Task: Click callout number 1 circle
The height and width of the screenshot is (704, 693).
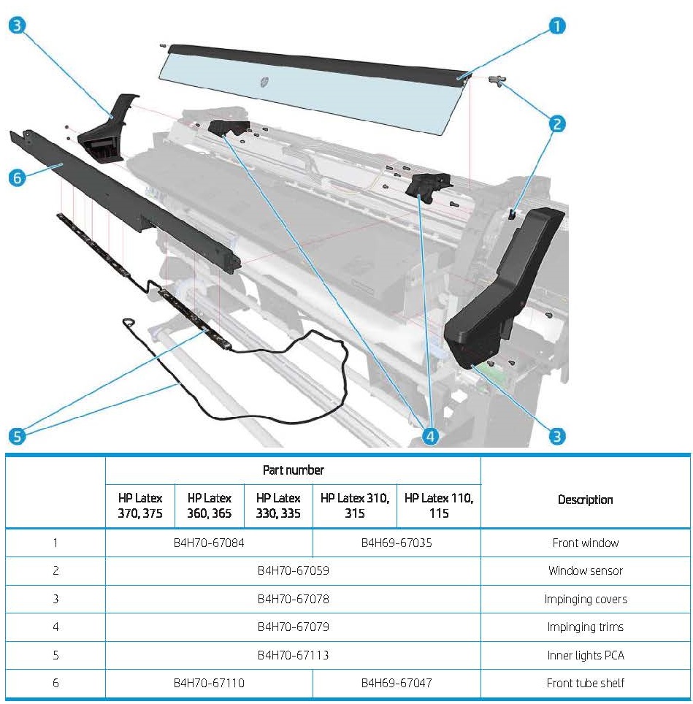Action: click(x=556, y=27)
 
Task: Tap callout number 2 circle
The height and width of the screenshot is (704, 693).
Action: click(x=556, y=123)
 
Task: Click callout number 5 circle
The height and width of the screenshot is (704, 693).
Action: click(x=18, y=436)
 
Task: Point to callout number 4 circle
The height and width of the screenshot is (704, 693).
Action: click(x=431, y=436)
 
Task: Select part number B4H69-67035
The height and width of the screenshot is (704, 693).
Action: click(x=397, y=543)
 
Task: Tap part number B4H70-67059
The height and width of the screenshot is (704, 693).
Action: click(x=293, y=570)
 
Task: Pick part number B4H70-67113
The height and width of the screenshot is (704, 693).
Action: click(x=293, y=655)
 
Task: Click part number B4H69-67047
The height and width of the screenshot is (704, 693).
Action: click(x=397, y=683)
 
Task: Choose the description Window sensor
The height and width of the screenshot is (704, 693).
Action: click(x=585, y=570)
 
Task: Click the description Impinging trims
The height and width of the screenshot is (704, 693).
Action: click(x=585, y=627)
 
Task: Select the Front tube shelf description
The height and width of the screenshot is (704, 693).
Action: click(x=585, y=683)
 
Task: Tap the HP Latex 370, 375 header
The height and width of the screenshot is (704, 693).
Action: click(x=140, y=505)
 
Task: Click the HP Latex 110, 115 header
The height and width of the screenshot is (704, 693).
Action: click(x=438, y=505)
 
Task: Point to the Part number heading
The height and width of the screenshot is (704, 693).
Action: click(x=293, y=470)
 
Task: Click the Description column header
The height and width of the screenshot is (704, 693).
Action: click(x=585, y=500)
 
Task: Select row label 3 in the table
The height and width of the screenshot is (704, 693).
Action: click(x=55, y=599)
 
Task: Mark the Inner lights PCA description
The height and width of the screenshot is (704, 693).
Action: click(x=585, y=655)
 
